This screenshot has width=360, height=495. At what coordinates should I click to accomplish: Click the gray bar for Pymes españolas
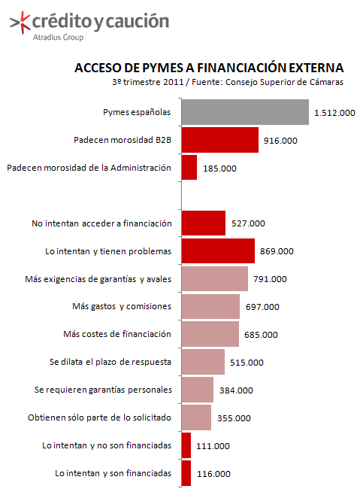point(245,112)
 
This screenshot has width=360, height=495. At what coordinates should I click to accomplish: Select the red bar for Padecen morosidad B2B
point(220,140)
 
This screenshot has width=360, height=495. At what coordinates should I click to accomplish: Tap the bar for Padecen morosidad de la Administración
point(189,167)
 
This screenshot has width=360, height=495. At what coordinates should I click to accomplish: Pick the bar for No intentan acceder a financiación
point(204,223)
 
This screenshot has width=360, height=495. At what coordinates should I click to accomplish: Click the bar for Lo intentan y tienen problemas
point(218,251)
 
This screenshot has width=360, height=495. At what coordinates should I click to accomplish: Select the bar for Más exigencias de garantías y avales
point(214,278)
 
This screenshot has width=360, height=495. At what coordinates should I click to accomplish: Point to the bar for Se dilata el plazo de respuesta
point(203,362)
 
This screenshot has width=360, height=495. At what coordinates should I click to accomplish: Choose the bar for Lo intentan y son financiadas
point(186,473)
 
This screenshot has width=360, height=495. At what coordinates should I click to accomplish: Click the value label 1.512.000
point(334,113)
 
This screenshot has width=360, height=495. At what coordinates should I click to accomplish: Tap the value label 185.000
point(219,169)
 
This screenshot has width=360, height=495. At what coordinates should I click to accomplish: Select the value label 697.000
point(262,307)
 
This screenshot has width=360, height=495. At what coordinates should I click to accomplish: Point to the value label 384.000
point(236,390)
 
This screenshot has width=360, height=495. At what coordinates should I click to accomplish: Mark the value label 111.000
point(213,446)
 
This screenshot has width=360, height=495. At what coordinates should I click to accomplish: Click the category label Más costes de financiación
point(117,334)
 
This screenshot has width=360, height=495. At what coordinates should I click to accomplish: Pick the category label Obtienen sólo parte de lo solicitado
point(99,418)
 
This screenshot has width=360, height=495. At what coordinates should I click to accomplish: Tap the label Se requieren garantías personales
point(103,390)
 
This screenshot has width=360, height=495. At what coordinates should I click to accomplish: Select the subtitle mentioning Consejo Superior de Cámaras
point(228,82)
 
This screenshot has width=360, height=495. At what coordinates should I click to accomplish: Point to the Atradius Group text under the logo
point(59,38)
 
